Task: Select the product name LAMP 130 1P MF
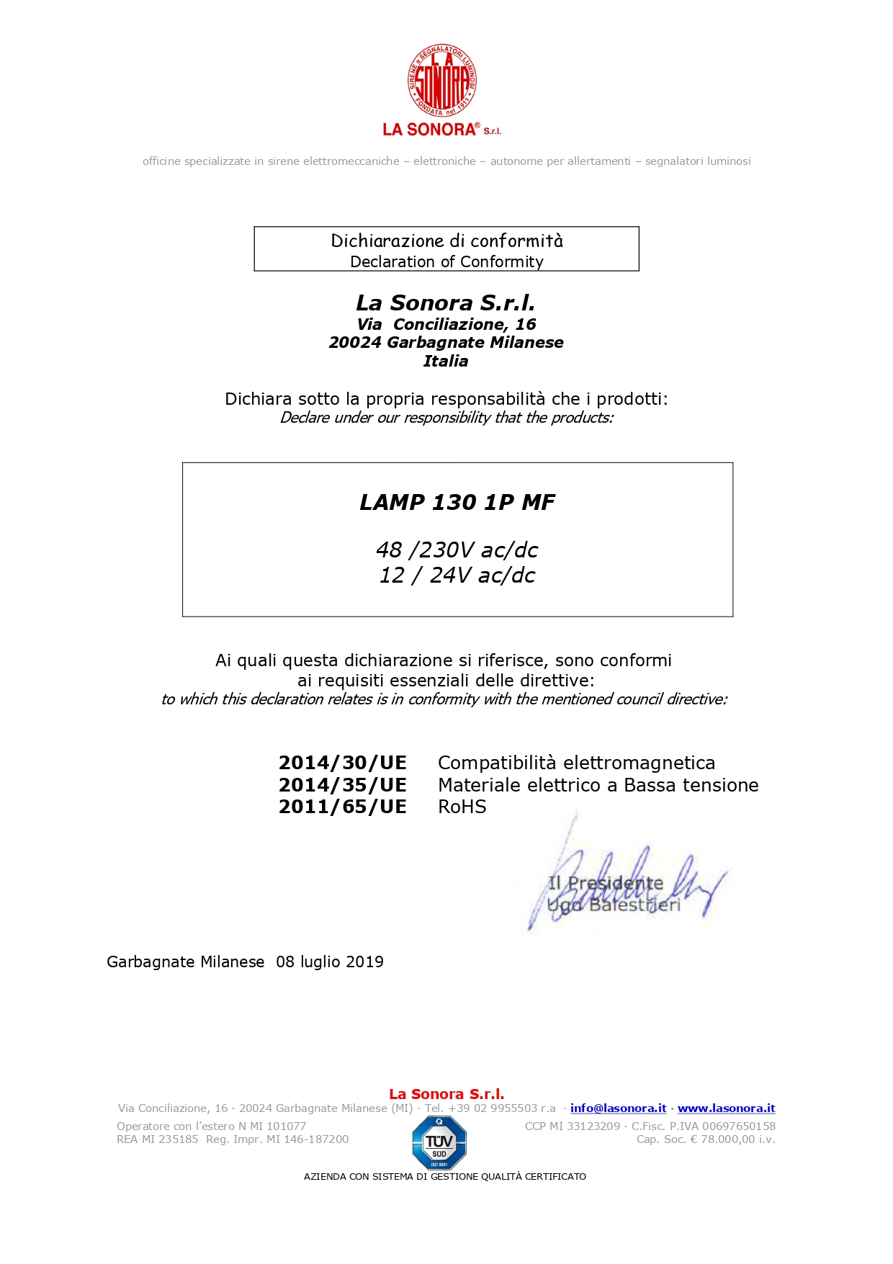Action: (x=457, y=502)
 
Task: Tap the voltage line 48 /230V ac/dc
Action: (x=457, y=550)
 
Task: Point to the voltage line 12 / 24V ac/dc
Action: (x=457, y=575)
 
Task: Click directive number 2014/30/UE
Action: (x=343, y=763)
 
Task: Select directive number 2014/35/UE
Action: (x=343, y=785)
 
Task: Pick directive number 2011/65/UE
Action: (x=343, y=807)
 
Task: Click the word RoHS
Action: (x=462, y=807)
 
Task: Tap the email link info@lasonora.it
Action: (x=618, y=1108)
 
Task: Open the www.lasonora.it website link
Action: (x=726, y=1108)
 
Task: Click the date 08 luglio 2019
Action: (x=330, y=962)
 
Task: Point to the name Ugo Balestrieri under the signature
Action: (x=614, y=905)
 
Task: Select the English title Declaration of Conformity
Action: (x=447, y=261)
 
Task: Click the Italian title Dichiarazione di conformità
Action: (x=447, y=241)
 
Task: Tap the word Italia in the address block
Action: (x=446, y=362)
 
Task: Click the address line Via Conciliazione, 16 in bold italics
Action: (x=447, y=324)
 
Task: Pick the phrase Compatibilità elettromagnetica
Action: (x=576, y=763)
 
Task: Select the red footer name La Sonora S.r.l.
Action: (x=447, y=1094)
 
